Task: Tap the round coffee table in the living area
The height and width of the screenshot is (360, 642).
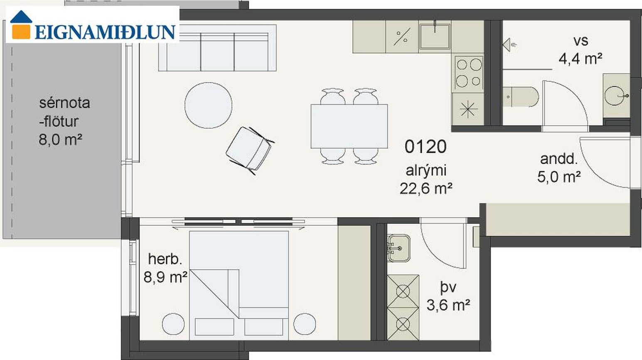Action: tap(208, 105)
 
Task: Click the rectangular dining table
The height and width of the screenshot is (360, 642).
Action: tap(349, 126)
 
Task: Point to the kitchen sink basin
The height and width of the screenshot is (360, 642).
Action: tap(435, 37)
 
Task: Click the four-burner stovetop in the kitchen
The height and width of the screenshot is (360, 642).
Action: tap(469, 73)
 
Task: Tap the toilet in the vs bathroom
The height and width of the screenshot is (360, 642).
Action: tap(521, 97)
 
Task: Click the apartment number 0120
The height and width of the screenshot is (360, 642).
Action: tap(426, 147)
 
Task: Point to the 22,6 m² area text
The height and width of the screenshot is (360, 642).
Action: tap(426, 189)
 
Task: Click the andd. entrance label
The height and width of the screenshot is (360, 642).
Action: tap(558, 159)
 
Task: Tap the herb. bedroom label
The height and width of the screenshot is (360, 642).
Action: tap(165, 260)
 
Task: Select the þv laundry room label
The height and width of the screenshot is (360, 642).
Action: tap(448, 287)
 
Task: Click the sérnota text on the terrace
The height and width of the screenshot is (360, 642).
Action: tap(64, 103)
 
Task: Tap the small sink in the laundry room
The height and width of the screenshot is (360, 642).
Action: tap(398, 248)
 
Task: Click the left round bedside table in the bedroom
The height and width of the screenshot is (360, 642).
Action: tap(173, 324)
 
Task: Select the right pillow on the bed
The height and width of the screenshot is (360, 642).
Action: tap(264, 327)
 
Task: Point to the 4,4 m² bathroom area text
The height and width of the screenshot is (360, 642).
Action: tap(581, 59)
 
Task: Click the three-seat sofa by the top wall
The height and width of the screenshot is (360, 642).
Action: tap(217, 48)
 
